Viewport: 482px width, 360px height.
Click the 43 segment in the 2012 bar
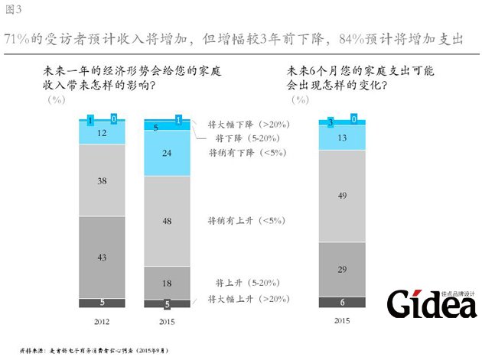pos(102,258)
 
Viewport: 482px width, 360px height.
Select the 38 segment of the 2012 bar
pos(102,181)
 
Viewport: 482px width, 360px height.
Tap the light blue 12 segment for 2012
pos(102,133)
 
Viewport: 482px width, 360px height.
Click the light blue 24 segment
pos(167,153)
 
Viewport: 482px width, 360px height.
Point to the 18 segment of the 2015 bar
pos(167,282)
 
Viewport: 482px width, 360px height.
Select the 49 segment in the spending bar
pos(342,196)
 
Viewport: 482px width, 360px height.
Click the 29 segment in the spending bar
pos(342,269)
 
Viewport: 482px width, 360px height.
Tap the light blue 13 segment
pos(342,138)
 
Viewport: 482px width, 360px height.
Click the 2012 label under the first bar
pos(102,322)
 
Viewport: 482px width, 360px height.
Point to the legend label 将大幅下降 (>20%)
pos(241,123)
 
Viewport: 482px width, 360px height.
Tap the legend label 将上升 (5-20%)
pos(241,282)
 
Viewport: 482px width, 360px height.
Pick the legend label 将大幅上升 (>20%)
pos(241,299)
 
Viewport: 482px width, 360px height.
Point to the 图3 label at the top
pos(13,9)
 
